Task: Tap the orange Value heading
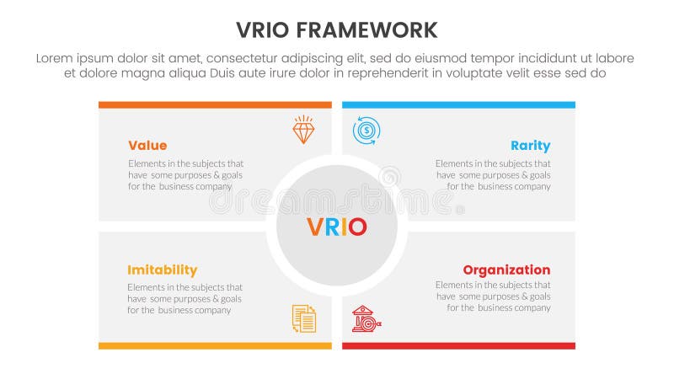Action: [x=147, y=145]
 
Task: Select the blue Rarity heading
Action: [x=530, y=145]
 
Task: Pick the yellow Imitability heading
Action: [x=162, y=270]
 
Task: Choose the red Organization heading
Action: [x=506, y=270]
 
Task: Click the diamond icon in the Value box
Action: [x=303, y=130]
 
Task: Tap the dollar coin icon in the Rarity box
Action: [x=366, y=130]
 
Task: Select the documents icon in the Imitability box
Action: [x=303, y=318]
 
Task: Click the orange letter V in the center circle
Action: [x=315, y=227]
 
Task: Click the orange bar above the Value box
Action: [x=215, y=105]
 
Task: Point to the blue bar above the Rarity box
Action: [x=458, y=105]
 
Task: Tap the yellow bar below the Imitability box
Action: [x=215, y=345]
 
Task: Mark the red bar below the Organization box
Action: [x=458, y=345]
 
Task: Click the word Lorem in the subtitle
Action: [x=56, y=58]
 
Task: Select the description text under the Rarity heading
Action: [x=493, y=175]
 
